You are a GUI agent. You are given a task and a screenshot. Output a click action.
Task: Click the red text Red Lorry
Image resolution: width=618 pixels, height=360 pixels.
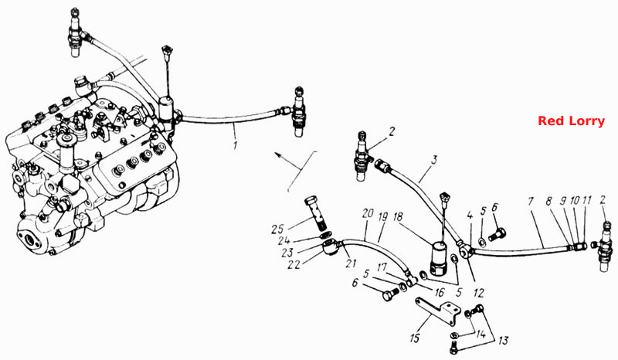coord(571,121)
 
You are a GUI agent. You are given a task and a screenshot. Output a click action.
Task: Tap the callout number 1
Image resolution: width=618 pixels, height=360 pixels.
coord(236,144)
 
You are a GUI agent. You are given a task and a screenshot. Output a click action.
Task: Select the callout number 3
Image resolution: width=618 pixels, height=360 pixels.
coord(434,160)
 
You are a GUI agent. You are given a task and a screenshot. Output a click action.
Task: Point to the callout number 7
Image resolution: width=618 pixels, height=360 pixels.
coord(531,202)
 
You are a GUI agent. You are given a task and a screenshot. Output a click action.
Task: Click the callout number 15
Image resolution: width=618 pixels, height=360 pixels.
coord(415,338)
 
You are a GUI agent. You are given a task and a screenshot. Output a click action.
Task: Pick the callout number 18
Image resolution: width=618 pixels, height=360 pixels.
coord(398,216)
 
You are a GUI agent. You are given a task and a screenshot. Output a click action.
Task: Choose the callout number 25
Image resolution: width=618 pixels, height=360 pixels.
coord(278,229)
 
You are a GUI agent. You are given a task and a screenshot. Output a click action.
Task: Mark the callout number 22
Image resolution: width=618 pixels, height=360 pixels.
coord(294,263)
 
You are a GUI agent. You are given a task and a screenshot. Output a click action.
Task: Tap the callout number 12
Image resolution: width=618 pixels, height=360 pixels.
coord(478,293)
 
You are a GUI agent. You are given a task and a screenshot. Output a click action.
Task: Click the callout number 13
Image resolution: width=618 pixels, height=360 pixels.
coord(503,340)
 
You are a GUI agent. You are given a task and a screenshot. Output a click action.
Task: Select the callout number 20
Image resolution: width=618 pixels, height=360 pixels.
coord(368,214)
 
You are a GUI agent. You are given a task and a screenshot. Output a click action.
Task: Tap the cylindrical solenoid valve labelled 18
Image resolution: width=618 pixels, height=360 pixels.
coord(440,258)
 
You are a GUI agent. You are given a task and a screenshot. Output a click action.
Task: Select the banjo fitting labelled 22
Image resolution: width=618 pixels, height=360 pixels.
coord(330,249)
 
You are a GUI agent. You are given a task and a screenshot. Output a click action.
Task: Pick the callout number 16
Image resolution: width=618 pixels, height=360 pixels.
coord(439,292)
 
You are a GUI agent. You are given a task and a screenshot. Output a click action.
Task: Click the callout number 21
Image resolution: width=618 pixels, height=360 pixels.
coord(351,263)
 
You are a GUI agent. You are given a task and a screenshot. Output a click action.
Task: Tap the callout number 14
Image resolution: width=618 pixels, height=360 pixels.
coord(480,334)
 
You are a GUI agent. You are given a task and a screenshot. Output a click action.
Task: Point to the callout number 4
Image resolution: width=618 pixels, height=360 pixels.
coord(470,216)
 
